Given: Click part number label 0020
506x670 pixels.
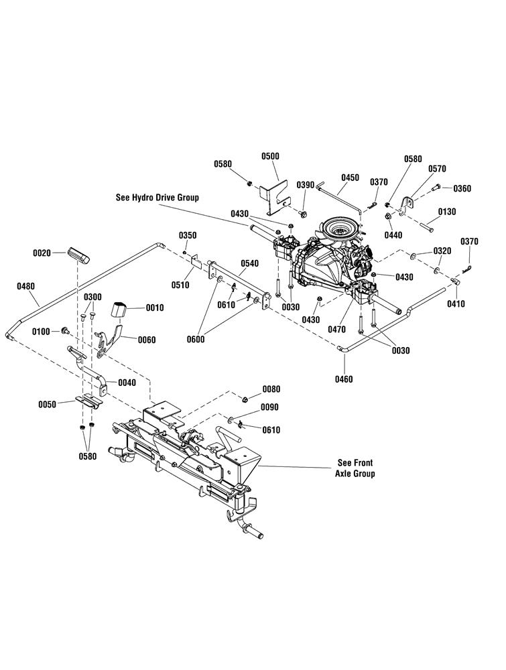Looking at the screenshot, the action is (42, 253).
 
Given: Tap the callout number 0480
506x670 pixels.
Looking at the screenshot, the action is (25, 286).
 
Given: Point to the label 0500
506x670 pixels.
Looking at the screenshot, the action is (270, 156).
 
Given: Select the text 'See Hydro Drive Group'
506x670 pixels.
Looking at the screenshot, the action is (157, 198).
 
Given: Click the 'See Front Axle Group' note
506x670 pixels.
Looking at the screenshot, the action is (355, 468).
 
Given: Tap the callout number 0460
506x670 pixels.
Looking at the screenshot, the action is (344, 379).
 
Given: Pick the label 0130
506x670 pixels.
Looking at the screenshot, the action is (446, 212).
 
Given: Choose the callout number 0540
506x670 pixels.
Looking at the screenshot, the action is (249, 263).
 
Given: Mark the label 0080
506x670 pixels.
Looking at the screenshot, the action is (271, 389).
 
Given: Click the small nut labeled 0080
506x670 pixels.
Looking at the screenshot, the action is (245, 399).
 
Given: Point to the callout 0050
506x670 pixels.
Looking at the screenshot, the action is (47, 404).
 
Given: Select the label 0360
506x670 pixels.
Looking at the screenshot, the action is (462, 188).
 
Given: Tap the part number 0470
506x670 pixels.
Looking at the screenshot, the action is (336, 330).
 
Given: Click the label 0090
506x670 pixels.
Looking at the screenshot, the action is (269, 407).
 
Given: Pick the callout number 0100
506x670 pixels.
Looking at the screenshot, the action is (41, 332).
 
